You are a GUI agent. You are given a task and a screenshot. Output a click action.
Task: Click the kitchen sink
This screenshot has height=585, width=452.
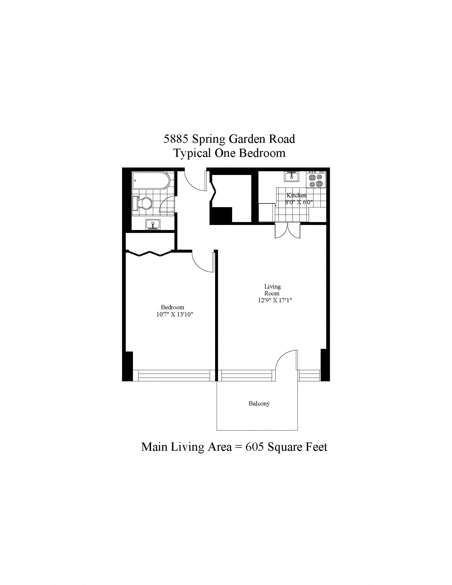[291, 177]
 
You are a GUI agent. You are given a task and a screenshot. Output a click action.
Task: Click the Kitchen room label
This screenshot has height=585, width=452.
[296, 195]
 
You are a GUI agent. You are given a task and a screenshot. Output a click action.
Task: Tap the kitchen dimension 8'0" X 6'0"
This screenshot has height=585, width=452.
[299, 202]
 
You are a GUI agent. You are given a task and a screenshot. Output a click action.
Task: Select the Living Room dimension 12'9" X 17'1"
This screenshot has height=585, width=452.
[274, 300]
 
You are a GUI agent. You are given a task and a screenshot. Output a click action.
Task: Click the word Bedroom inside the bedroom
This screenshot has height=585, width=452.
[173, 307]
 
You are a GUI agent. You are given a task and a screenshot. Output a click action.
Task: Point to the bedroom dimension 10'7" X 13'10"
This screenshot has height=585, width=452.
[175, 315]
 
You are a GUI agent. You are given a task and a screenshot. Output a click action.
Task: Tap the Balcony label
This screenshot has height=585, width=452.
[259, 403]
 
